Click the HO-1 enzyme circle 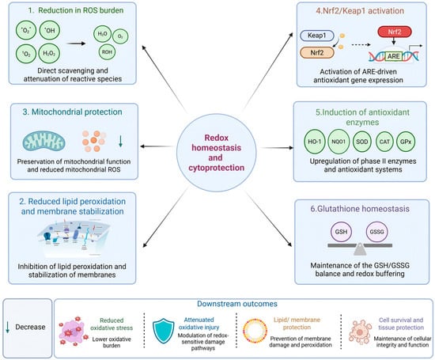click(315, 142)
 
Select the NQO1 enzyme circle click(339, 142)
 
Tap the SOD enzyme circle click(362, 142)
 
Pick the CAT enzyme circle click(384, 142)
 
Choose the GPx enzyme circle click(406, 142)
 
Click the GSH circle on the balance click(341, 232)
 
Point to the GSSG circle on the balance click(376, 232)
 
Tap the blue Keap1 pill click(317, 36)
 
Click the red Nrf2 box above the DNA click(395, 32)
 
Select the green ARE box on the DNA click(393, 56)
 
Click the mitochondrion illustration click(43, 142)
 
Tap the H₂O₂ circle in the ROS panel click(49, 53)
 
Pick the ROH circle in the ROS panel click(107, 52)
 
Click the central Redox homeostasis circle click(216, 153)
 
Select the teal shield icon click(164, 331)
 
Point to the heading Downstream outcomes click(237, 304)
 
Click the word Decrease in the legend click(30, 327)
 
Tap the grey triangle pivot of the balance click(360, 249)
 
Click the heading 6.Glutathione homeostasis click(360, 209)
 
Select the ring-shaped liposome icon click(255, 331)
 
